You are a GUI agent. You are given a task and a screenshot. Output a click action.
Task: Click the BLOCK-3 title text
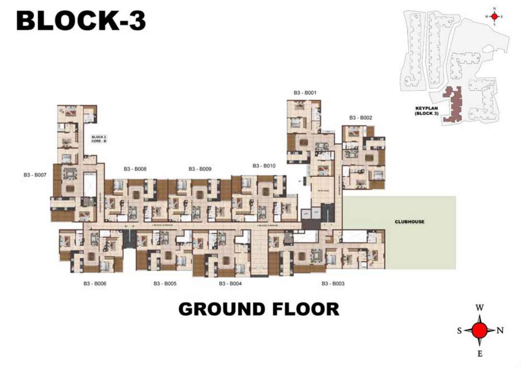[81, 21]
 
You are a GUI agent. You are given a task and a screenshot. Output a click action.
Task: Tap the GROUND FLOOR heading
[259, 309]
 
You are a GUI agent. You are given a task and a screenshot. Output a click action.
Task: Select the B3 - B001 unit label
[305, 92]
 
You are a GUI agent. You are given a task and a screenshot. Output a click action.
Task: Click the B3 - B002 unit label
[360, 117]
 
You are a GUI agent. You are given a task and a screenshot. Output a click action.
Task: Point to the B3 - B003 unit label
[333, 284]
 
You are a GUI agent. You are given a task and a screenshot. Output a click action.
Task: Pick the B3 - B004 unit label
[231, 284]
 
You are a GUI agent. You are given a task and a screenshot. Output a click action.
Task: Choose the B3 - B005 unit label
[165, 284]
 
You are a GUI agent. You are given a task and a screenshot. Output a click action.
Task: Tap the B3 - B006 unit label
[95, 284]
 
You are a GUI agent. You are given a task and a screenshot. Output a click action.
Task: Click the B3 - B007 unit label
[35, 175]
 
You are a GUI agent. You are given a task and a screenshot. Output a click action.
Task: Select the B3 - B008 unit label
[135, 169]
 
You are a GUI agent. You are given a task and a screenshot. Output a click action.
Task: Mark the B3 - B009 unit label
[200, 169]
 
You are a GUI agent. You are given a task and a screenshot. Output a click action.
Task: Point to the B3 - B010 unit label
[264, 166]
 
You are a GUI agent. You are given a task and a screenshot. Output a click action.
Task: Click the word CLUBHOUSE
[409, 222]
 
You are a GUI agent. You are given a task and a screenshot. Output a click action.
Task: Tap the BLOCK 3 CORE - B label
[98, 139]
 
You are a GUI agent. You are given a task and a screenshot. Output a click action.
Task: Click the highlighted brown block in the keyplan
[453, 105]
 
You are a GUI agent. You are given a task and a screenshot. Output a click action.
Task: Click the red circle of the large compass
[480, 330]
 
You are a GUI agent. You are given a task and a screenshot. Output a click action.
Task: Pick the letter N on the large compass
[500, 330]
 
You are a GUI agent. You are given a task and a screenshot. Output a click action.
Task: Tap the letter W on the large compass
[480, 308]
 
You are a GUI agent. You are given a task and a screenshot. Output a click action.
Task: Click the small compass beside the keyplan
[494, 16]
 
